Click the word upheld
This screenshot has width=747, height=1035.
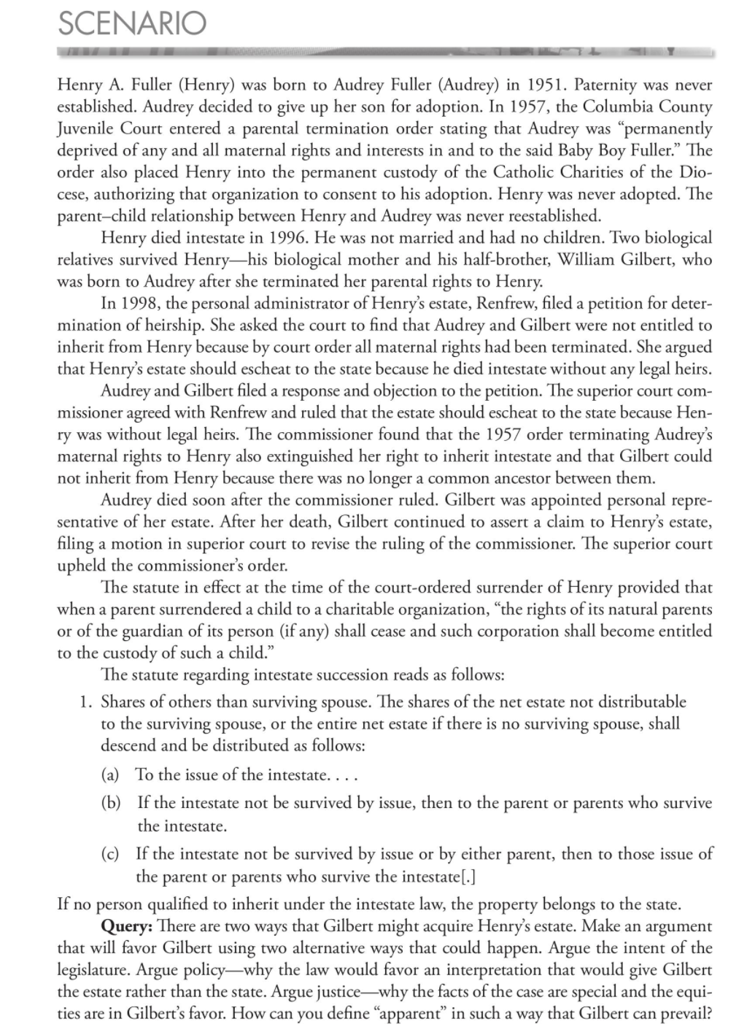click(80, 566)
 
